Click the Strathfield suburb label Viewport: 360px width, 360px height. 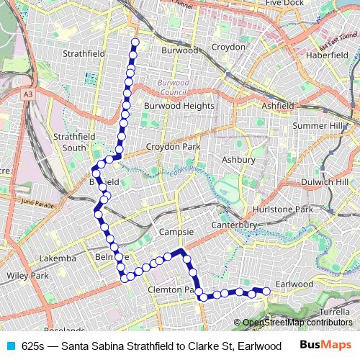tap(84, 53)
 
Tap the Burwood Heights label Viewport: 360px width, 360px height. tap(174, 105)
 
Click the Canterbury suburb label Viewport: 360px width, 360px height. tap(234, 225)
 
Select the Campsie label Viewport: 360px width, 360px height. tap(175, 233)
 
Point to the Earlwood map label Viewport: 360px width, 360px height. tap(294, 284)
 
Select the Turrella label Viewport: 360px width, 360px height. tap(334, 312)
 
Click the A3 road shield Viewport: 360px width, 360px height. tap(27, 94)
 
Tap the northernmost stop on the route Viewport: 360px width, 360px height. tap(134, 43)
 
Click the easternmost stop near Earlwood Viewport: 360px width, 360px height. tap(266, 291)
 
